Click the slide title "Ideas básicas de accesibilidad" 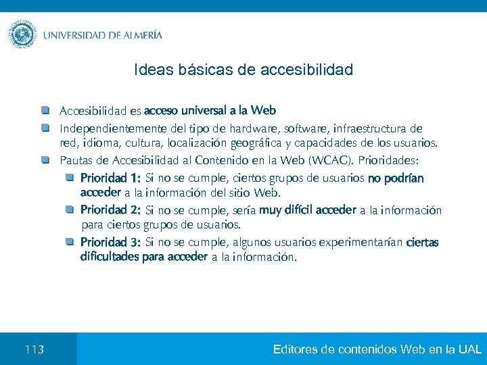(x=243, y=70)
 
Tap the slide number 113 (x=34, y=349)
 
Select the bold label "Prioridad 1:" (x=110, y=179)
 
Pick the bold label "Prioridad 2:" (x=110, y=210)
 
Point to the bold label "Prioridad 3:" (x=110, y=242)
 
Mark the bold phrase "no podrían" (x=396, y=179)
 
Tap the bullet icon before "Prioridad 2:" (x=70, y=209)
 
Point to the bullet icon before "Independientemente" (x=45, y=128)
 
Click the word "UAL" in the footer (x=470, y=349)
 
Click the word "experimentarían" (x=361, y=242)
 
